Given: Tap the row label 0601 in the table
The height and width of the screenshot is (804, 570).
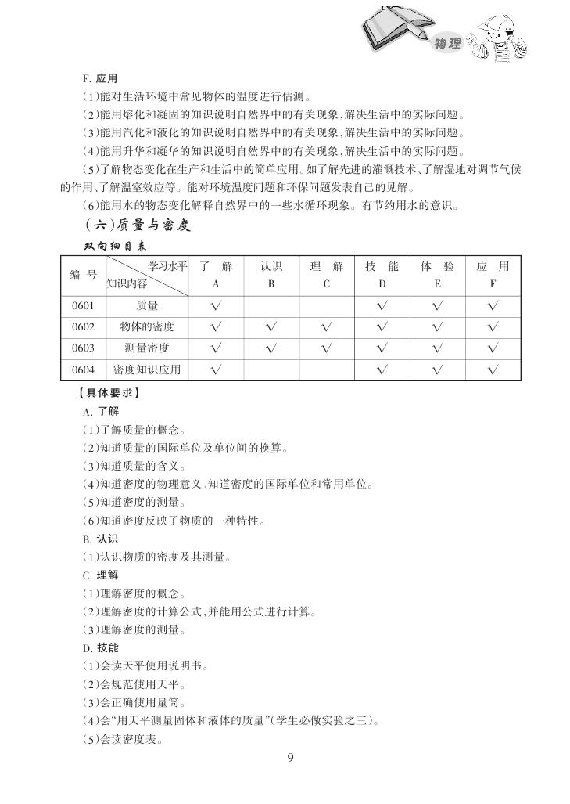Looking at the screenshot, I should [x=83, y=306].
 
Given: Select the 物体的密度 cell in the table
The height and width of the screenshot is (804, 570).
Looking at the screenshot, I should [x=147, y=326].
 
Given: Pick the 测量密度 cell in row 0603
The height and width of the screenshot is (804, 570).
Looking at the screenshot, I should [x=147, y=348].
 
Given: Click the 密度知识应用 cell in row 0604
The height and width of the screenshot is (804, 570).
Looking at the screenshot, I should [x=147, y=369].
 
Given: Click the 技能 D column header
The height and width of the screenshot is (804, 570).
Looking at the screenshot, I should [x=382, y=275].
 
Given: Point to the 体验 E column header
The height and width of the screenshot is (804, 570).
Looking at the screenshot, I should [x=437, y=275].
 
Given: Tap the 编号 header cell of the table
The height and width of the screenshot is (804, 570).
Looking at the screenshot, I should [x=83, y=275].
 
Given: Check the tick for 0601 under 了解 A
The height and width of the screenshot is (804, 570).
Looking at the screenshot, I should [x=216, y=306].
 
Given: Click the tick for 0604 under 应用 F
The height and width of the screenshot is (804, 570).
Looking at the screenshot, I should [x=493, y=370].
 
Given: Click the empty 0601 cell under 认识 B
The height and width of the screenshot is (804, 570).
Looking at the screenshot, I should [x=271, y=306].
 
